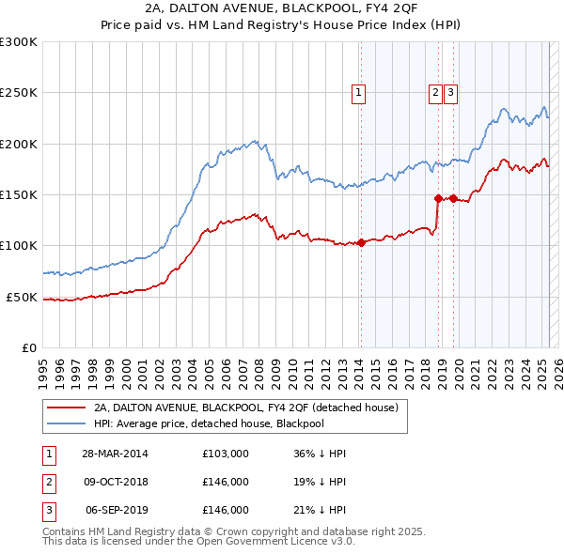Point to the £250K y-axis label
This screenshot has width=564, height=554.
click(x=19, y=93)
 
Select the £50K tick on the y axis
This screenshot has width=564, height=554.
click(x=22, y=297)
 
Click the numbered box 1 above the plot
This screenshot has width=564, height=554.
click(x=360, y=92)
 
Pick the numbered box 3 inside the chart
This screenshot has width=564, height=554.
click(x=451, y=92)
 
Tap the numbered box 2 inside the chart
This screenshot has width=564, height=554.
click(x=436, y=92)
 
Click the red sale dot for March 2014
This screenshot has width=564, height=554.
click(x=361, y=243)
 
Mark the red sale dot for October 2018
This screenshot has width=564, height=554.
click(x=438, y=198)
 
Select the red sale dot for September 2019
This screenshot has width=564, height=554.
click(x=453, y=198)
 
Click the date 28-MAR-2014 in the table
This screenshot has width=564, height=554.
click(x=115, y=454)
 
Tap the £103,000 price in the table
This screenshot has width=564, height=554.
click(x=226, y=454)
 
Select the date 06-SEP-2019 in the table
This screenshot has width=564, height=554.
click(x=116, y=510)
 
